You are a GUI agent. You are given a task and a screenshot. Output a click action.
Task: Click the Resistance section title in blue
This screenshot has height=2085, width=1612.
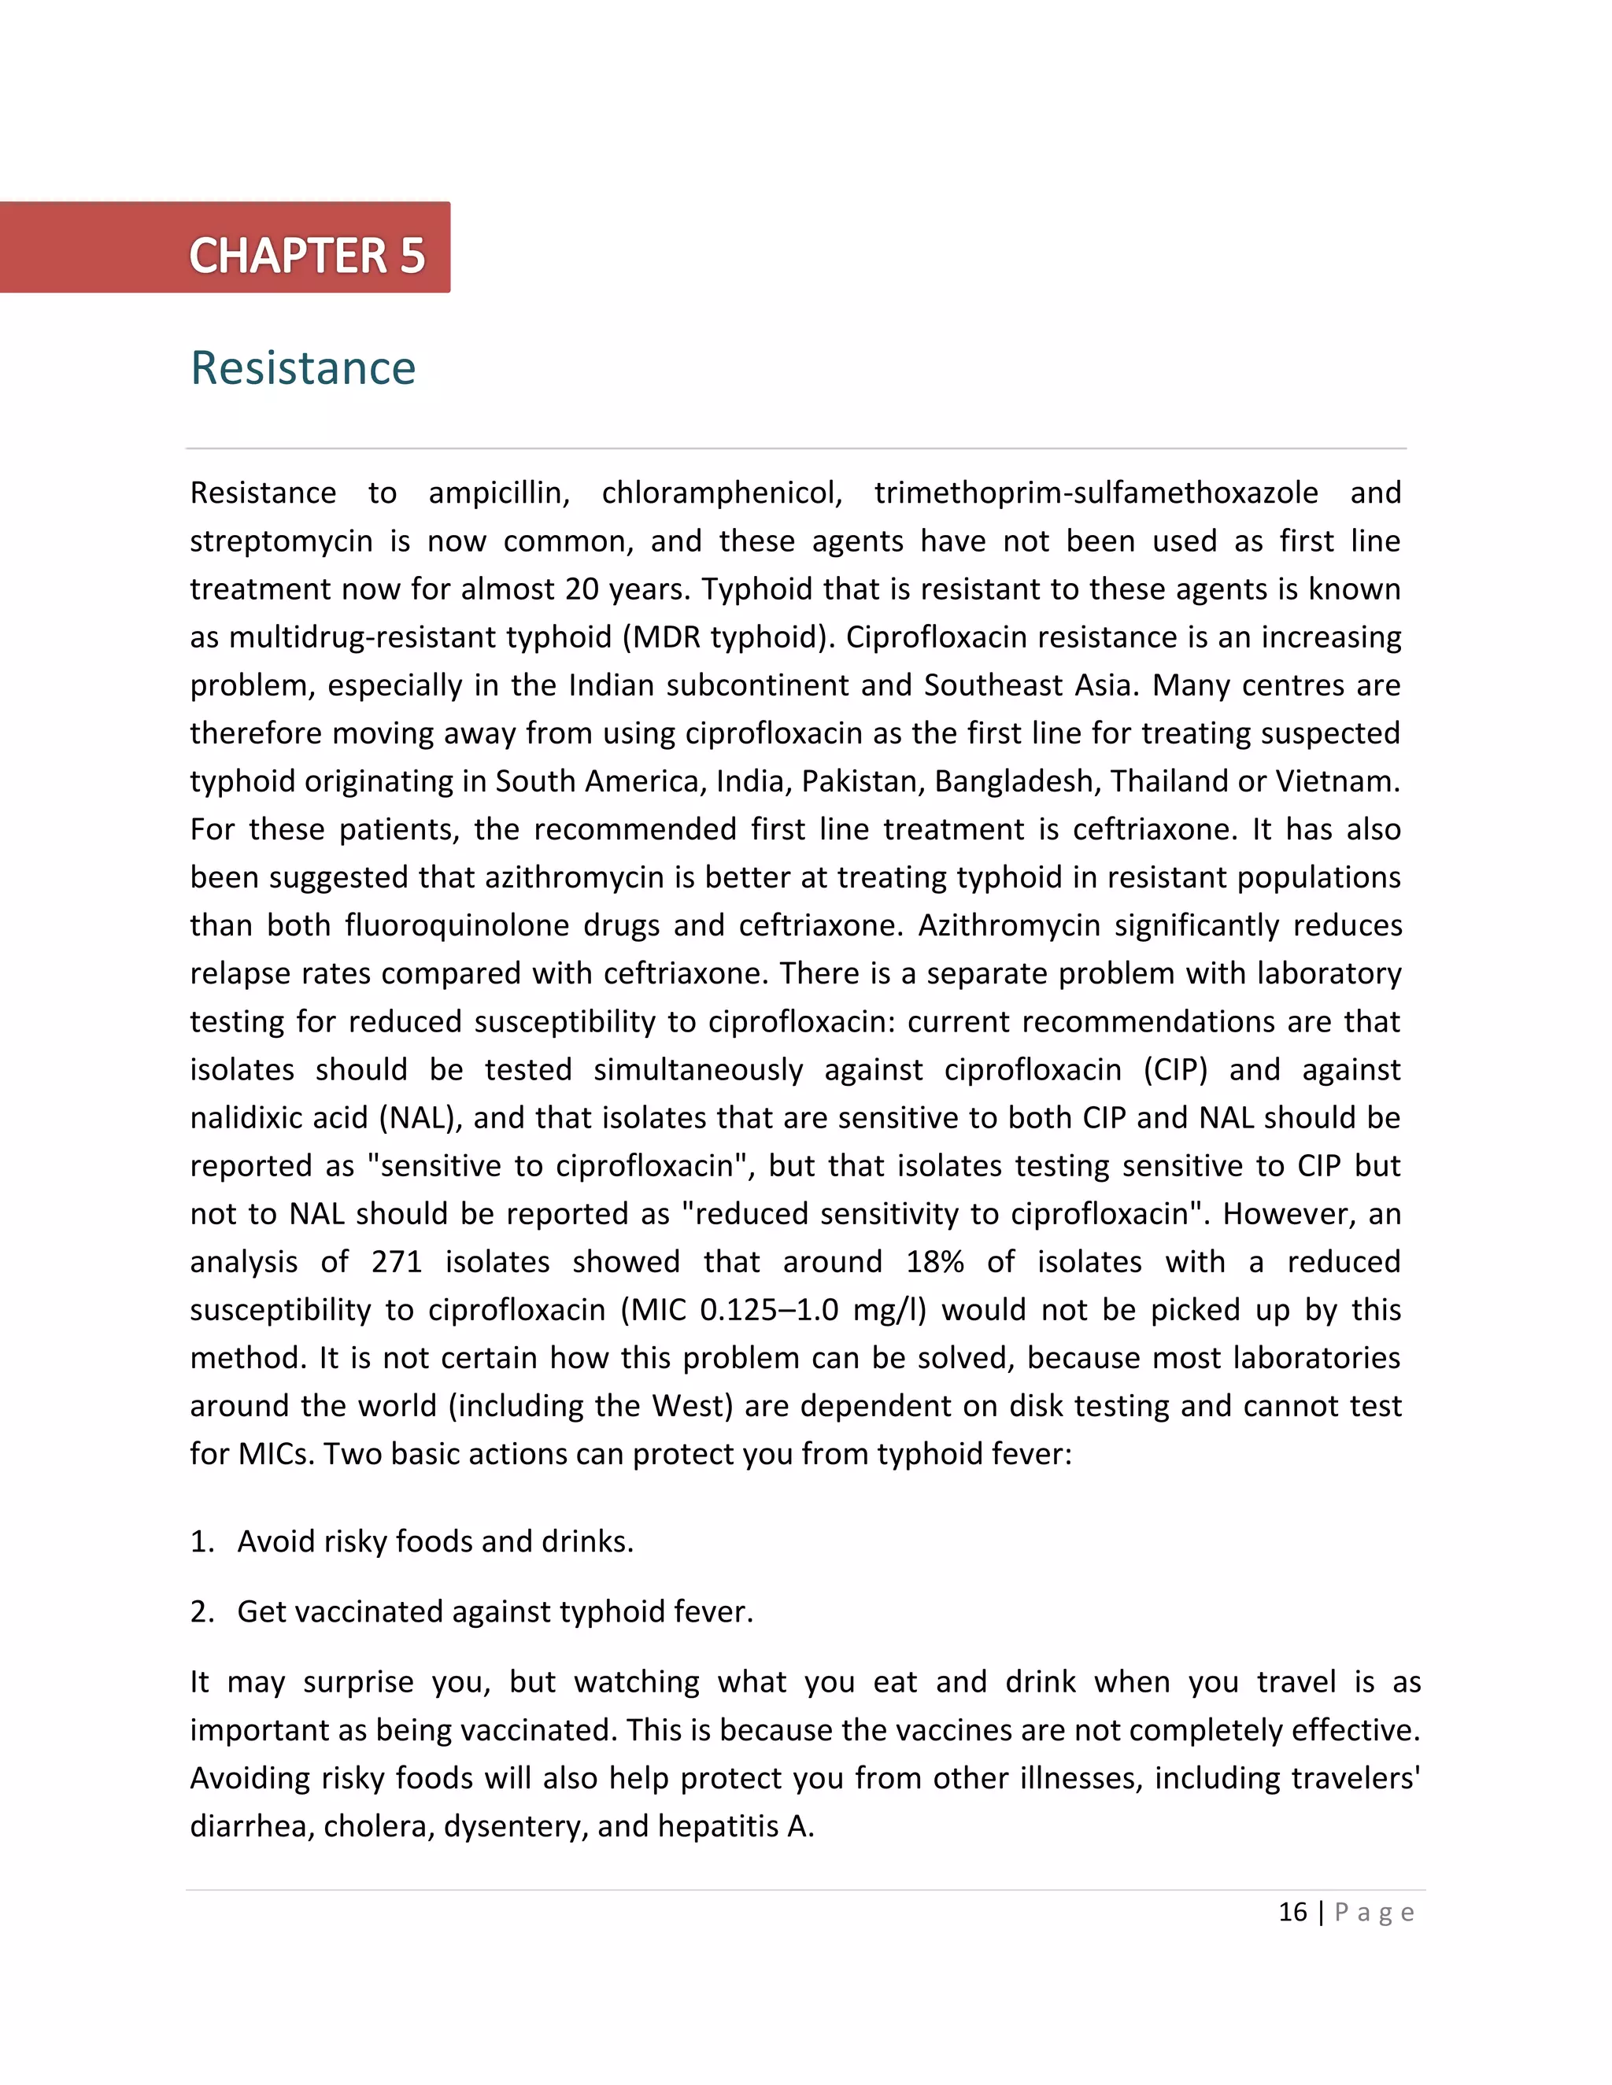(303, 368)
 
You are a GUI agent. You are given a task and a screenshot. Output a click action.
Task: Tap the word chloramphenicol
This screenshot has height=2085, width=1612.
(721, 493)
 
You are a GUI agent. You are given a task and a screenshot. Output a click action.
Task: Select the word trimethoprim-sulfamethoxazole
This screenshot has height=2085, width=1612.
(1096, 493)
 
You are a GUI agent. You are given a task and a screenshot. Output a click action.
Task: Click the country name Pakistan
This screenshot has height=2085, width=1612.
(863, 781)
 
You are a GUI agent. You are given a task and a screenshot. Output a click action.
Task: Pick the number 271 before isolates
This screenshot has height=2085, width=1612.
(397, 1261)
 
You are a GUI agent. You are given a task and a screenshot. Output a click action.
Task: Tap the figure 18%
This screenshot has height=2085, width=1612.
(935, 1261)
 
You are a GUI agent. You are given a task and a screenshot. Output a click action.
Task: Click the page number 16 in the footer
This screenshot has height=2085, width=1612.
(1292, 1912)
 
